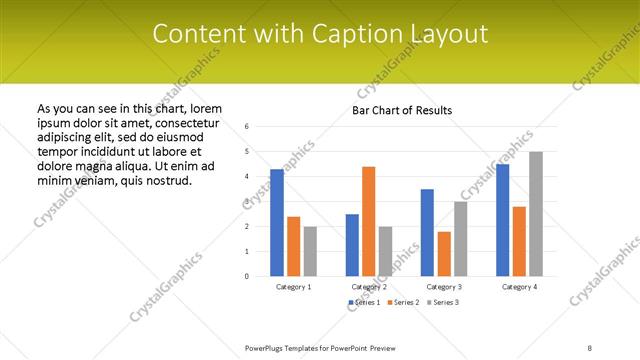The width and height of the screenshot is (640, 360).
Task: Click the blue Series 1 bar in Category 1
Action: (277, 222)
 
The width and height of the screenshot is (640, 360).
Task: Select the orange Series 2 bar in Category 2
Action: (369, 221)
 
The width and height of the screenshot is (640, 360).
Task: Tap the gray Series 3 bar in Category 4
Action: (536, 214)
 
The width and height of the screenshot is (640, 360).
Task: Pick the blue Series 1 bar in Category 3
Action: (427, 232)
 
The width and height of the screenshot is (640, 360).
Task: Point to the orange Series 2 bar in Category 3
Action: (444, 254)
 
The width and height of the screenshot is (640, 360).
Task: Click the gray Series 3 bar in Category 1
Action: (310, 251)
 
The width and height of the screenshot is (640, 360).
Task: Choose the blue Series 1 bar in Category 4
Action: (502, 220)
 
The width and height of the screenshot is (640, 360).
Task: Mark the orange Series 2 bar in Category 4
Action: (519, 241)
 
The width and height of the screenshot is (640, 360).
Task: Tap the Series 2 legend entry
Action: (404, 302)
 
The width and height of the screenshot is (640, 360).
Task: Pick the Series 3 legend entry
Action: (441, 302)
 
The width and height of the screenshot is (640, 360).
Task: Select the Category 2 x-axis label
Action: (369, 287)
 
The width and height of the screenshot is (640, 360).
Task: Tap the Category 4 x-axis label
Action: (519, 287)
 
